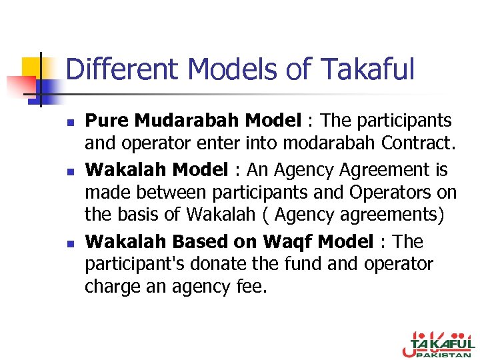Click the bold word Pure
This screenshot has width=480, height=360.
(x=108, y=121)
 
